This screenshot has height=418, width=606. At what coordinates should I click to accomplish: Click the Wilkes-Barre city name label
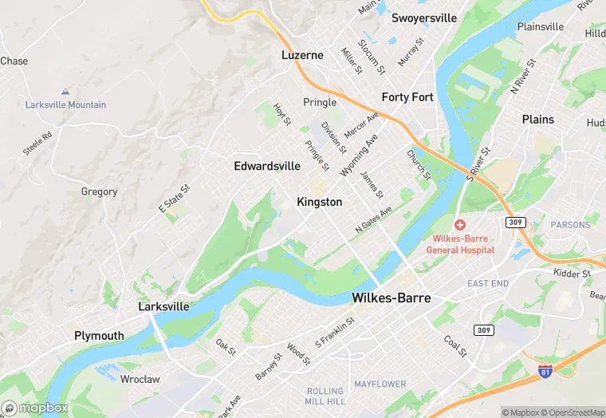(x=391, y=298)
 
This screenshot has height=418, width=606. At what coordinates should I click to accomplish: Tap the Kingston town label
(x=319, y=202)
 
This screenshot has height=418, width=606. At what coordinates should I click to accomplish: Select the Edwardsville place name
(x=267, y=166)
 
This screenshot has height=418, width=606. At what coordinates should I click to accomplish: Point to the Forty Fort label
(x=407, y=97)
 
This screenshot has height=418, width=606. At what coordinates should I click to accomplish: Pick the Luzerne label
(x=302, y=55)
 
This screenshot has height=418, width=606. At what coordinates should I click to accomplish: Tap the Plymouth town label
(x=99, y=335)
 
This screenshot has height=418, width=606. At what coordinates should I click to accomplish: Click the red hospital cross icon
(x=460, y=226)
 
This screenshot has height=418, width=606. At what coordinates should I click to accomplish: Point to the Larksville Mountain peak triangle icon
(x=65, y=93)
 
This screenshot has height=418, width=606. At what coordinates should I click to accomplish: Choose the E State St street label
(x=175, y=199)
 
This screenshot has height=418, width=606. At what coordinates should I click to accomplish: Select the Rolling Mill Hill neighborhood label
(x=325, y=396)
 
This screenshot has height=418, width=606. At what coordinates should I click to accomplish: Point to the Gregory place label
(x=99, y=191)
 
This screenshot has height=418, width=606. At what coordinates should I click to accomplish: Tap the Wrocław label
(x=140, y=379)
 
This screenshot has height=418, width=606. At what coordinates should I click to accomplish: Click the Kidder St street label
(x=572, y=274)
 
